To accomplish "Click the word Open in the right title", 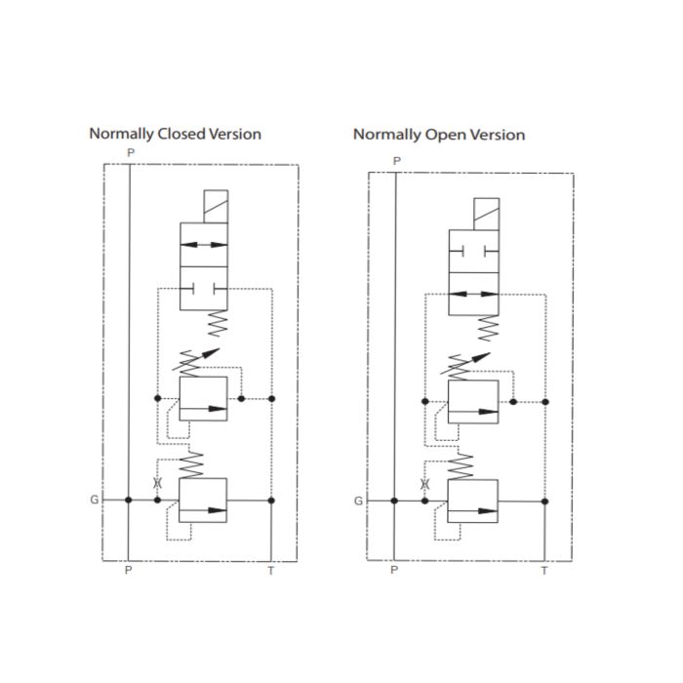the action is pos(445,135).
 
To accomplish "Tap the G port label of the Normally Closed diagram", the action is pos(94,500).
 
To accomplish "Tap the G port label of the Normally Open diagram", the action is pos(358,501).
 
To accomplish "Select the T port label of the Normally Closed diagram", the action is pos(271,571).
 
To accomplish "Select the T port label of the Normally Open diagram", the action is pos(544,571).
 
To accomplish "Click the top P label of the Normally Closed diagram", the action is pos(131,153).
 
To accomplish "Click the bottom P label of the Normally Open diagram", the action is pos(394,570).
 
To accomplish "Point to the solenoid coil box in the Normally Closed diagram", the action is pos(216,207).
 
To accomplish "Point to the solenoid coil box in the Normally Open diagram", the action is pos(486,214).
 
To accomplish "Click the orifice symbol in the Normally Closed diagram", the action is pos(158,483).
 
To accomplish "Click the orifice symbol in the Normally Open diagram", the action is pos(424,484).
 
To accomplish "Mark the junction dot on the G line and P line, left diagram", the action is pos(128,500).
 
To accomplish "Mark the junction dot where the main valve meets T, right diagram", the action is pos(544,502).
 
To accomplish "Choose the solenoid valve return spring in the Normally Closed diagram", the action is pos(217,323).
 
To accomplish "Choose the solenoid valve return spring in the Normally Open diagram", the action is pos(488,329).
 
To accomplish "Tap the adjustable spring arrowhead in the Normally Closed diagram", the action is pos(212,352).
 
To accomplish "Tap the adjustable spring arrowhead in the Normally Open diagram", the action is pos(482,357).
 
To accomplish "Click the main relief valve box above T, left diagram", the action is pos(203,500).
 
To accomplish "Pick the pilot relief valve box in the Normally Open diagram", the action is pos(473,402).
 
